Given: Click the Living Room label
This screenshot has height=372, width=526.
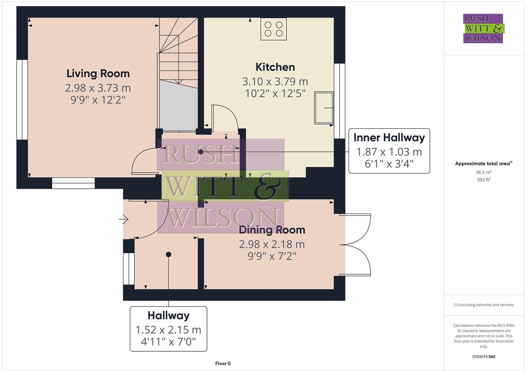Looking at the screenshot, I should pos(98,73).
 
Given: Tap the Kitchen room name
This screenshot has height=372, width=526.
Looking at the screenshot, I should pos(275,67).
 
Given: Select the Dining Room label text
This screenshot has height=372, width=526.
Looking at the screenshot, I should pos(272,230).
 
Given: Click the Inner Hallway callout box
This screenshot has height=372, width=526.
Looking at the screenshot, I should pos(389,151).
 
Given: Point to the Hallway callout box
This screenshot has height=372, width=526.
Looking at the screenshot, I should pos(168,329).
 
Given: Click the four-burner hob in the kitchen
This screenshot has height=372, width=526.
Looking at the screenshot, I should pos(274,29).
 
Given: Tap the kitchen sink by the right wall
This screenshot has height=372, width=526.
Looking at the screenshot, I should pos(324,108).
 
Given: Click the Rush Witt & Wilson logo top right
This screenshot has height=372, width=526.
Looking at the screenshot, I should pos(483,29).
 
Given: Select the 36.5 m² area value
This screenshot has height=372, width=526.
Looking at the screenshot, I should pos(484,172).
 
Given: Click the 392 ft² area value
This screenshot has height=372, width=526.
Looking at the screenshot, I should pos(484,180).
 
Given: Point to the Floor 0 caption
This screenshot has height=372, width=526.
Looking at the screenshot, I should pos(223,363).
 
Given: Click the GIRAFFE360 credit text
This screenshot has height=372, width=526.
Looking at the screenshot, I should pos(484,356).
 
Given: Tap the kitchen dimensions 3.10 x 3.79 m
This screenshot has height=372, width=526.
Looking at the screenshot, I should pos(275,82).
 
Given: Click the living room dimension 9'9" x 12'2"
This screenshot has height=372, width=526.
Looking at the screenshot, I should pos(98,100).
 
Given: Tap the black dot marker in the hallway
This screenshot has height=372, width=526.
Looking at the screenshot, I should pos(168,255).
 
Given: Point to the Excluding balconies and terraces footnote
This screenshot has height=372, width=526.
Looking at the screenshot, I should pos(484,305).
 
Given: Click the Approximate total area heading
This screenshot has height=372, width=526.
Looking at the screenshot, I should pos(483,164).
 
